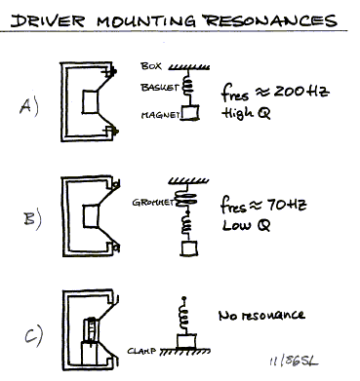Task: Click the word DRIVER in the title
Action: point(48,20)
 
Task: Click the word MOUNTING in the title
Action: point(146,20)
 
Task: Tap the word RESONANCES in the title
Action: point(270,20)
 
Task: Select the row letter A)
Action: point(29,106)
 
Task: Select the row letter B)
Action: point(32,218)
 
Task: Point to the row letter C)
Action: point(33,334)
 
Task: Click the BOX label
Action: point(151,66)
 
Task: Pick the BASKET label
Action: point(159,87)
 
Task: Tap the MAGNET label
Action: point(161,115)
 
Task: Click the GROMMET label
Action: point(153,203)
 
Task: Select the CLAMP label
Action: point(141,351)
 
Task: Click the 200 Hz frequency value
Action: point(301,92)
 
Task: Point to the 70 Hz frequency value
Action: point(287,206)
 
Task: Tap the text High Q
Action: point(246,113)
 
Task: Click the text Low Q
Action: point(246,225)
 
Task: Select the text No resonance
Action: point(261,315)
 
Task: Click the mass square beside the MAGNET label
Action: point(190,113)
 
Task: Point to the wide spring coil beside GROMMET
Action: point(186,198)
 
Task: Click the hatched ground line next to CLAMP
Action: point(185,351)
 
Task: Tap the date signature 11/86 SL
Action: point(294,362)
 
